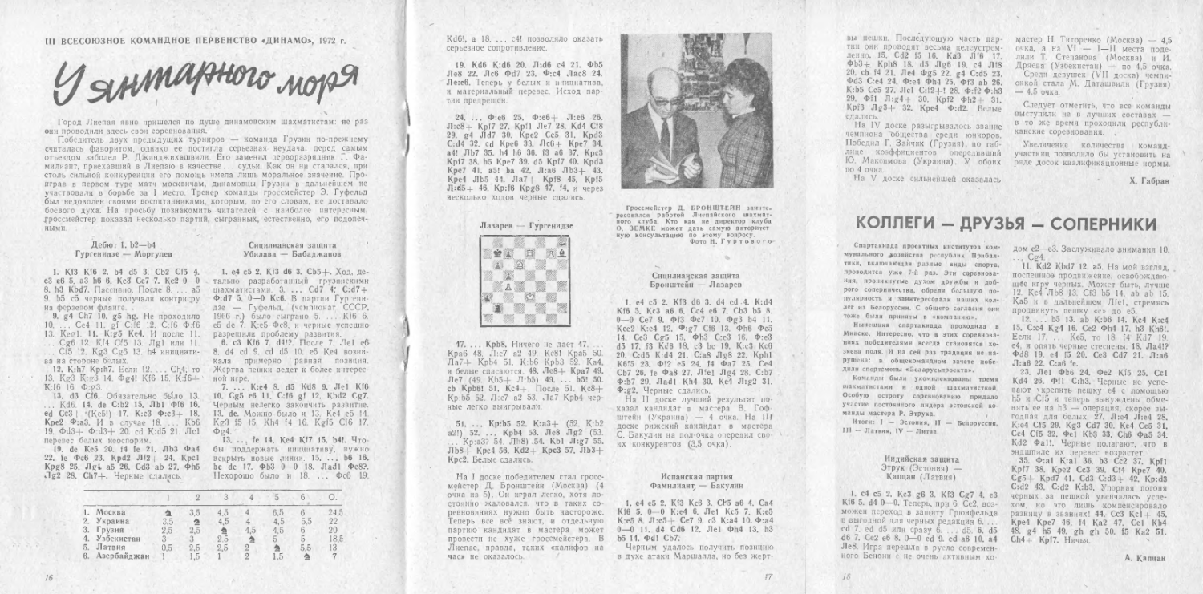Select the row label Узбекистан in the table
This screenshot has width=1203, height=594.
pos(111,540)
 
